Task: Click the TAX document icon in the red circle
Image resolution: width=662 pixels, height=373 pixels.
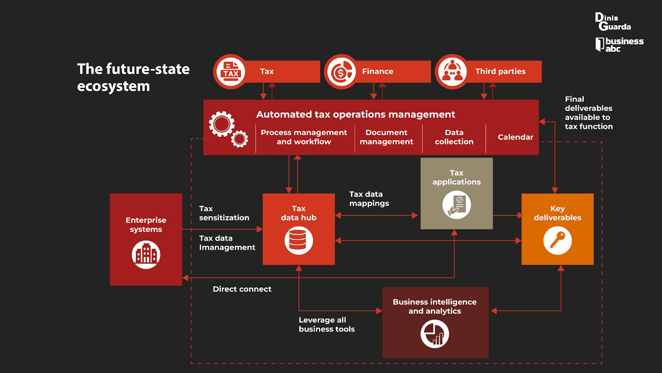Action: point(230,71)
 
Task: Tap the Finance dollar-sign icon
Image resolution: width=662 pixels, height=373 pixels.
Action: point(341,72)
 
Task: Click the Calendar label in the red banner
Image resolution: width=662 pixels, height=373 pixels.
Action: point(515,137)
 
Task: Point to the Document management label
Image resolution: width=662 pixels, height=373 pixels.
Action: point(386,137)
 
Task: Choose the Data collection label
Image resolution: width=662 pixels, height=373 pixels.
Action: point(454,137)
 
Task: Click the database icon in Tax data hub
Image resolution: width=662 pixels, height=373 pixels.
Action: point(298,240)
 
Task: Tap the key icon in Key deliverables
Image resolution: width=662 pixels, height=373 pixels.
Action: point(557,240)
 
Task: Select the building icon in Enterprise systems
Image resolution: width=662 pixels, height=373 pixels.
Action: point(146,254)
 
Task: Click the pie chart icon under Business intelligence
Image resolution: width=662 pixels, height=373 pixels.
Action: point(434,334)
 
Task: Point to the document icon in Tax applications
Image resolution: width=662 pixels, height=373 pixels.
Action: point(456,205)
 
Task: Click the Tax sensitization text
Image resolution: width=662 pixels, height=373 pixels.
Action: point(224,213)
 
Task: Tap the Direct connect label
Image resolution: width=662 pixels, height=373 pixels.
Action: point(242,289)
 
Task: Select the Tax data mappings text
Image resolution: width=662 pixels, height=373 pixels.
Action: point(369,199)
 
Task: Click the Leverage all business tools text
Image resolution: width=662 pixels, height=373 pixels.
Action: point(326,325)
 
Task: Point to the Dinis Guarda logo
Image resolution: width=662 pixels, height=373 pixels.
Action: point(613,22)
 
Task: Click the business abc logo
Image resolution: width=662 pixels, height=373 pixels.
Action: point(619,44)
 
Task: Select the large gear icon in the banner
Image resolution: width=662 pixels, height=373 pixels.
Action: point(222,124)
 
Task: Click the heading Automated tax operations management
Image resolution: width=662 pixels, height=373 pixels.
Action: point(355,114)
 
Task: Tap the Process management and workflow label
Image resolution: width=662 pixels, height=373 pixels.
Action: point(304,137)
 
